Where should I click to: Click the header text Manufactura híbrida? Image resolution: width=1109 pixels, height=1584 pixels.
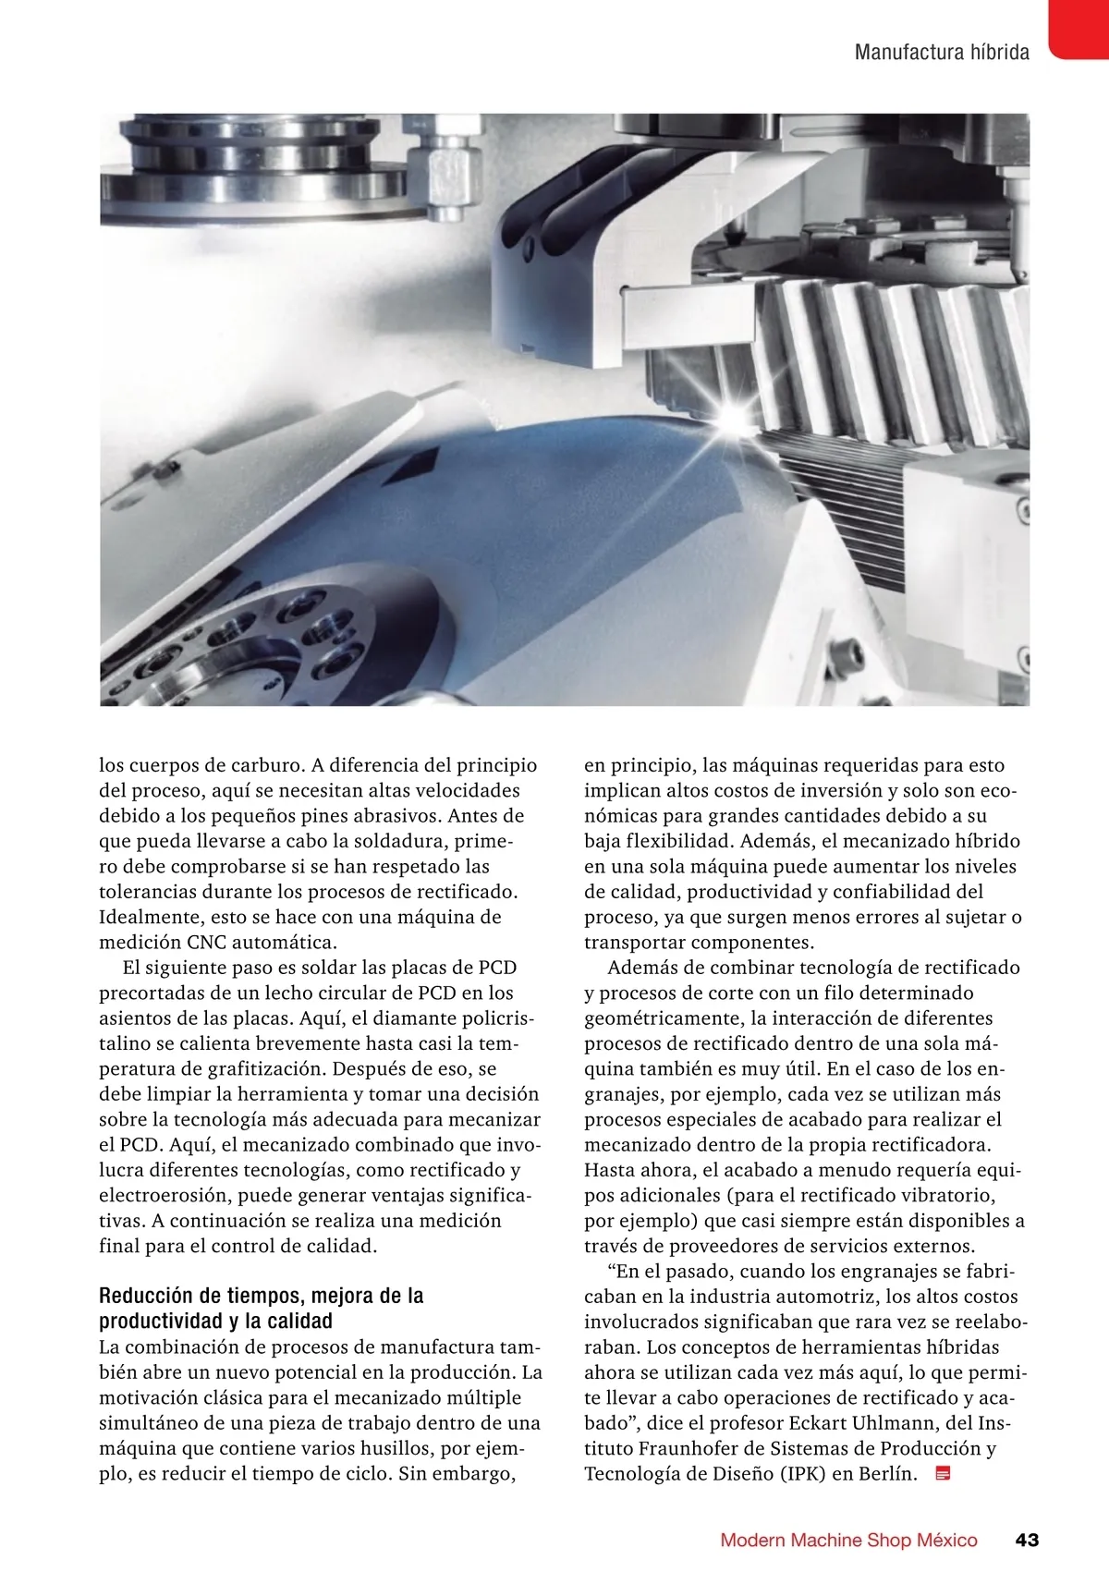point(941,52)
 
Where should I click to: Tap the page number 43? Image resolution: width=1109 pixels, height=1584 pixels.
point(1027,1540)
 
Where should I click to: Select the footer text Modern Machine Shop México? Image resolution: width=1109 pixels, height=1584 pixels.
point(848,1540)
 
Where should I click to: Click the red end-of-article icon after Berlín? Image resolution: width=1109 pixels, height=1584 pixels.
point(944,1474)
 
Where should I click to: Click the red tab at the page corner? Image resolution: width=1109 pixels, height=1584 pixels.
point(1079,28)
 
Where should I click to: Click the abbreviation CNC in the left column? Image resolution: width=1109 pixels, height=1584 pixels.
point(207,943)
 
